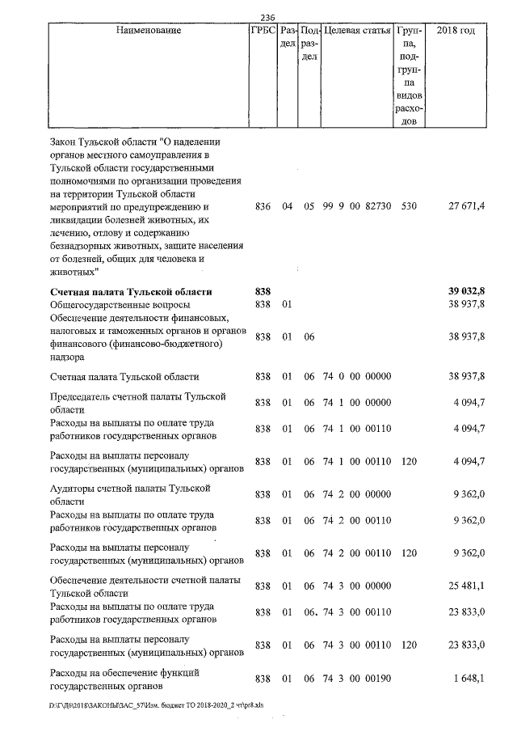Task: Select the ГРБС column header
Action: point(261,31)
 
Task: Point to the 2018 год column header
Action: point(456,31)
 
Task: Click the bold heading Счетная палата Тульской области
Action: point(131,291)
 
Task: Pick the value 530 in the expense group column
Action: point(408,207)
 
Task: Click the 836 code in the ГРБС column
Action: point(261,207)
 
